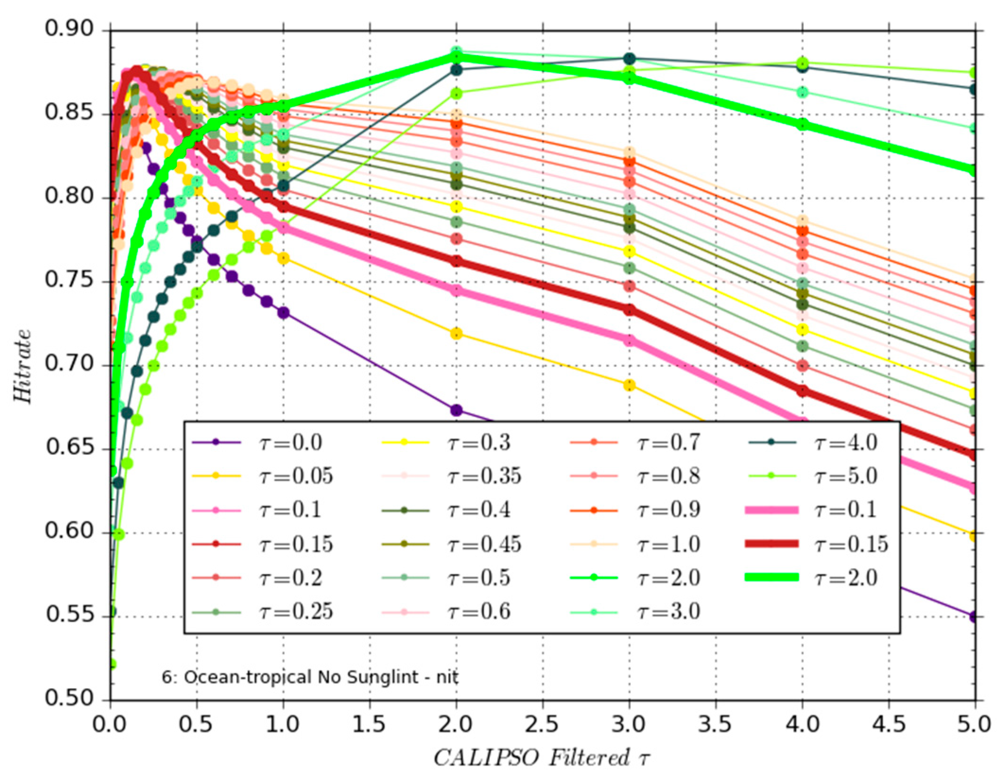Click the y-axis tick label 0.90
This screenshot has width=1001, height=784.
click(69, 29)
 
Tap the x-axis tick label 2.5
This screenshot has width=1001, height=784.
click(543, 724)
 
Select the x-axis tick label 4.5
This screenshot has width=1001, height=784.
click(889, 724)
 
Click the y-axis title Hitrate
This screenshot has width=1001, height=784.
click(23, 366)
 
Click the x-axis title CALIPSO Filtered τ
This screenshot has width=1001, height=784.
click(543, 758)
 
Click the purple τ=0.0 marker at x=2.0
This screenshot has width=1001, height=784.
click(456, 410)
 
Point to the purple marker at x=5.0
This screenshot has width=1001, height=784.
click(974, 617)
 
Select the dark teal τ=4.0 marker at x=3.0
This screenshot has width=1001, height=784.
click(629, 59)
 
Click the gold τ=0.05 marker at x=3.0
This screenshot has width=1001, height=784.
click(629, 385)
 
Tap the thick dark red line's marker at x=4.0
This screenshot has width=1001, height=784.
click(802, 391)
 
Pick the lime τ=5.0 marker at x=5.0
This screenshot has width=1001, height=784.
click(974, 73)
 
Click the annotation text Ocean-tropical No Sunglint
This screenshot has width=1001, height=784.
click(310, 678)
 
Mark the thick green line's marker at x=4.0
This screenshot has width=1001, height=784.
click(802, 125)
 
